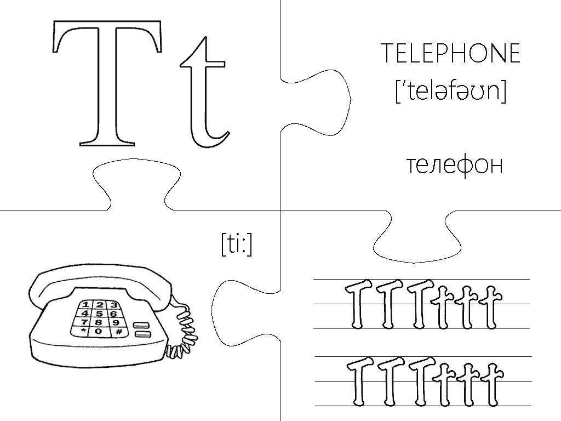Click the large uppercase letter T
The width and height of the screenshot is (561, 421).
click(x=107, y=82)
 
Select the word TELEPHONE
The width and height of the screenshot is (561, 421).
click(x=450, y=54)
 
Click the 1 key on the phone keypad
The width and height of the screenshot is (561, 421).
click(x=86, y=305)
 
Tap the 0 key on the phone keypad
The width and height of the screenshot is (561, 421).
click(x=99, y=332)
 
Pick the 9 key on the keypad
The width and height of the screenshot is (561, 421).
click(x=116, y=323)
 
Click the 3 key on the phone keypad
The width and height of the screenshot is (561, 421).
click(x=113, y=305)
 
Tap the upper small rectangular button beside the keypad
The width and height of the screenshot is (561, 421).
click(x=141, y=325)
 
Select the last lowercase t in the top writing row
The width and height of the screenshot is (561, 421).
click(x=489, y=307)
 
